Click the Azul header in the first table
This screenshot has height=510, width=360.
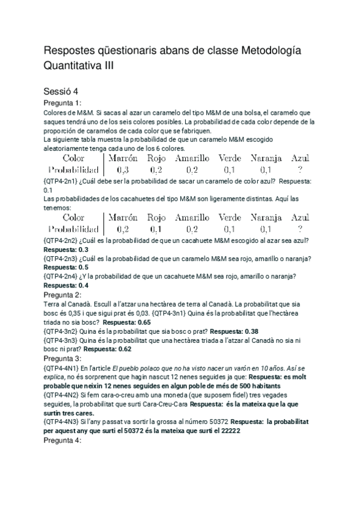click(300, 158)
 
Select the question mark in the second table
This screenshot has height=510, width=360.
click(300, 229)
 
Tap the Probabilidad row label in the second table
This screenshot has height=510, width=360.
click(73, 229)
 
